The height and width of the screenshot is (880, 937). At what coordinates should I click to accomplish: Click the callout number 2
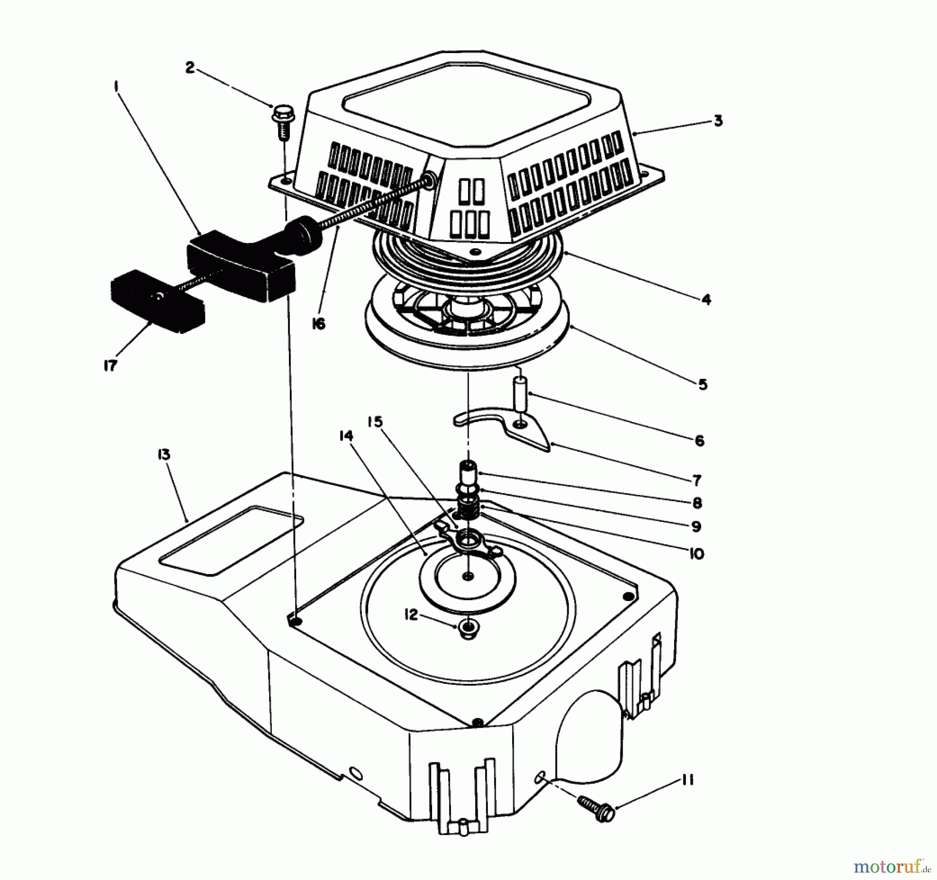pos(190,68)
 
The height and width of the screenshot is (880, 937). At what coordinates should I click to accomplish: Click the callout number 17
pos(110,365)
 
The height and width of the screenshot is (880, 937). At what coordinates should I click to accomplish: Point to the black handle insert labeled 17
pos(156,302)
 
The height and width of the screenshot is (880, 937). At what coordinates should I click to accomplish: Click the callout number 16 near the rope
pos(318,324)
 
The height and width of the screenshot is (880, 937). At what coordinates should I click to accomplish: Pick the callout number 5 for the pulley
pos(703,385)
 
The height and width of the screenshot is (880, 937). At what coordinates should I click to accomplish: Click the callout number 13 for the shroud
pos(163,455)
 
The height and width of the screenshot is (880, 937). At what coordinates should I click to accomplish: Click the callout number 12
pos(411,615)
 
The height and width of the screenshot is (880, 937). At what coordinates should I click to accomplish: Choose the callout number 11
pos(687,781)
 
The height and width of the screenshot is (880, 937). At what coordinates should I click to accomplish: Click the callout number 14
pos(346,436)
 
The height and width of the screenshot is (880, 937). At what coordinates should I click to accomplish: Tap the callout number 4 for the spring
pos(706,299)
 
